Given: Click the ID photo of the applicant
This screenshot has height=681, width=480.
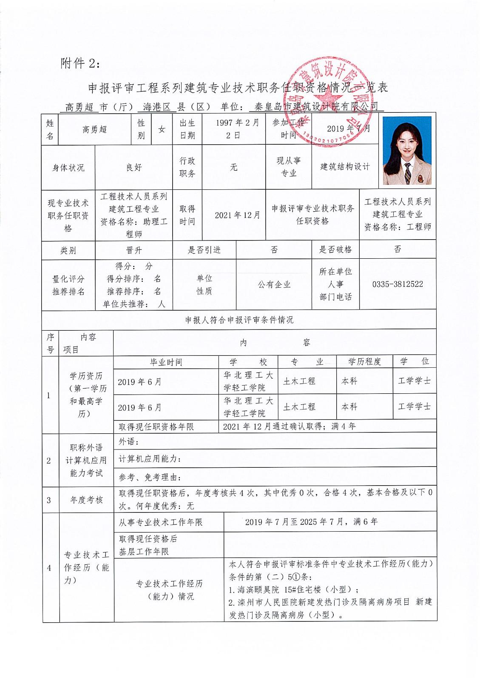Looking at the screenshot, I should pyautogui.click(x=407, y=151).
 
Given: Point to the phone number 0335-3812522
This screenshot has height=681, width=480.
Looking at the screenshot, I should pyautogui.click(x=398, y=284).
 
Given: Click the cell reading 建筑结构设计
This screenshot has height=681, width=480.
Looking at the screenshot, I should pyautogui.click(x=345, y=167).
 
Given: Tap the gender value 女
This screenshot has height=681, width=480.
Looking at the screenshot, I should pyautogui.click(x=162, y=129).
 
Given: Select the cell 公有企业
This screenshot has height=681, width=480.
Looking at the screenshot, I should pyautogui.click(x=274, y=284).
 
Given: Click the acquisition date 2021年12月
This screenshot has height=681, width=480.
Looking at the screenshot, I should pyautogui.click(x=237, y=215).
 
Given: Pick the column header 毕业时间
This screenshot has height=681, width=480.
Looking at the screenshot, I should pyautogui.click(x=166, y=362).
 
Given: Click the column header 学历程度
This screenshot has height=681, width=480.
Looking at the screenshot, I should pyautogui.click(x=364, y=362).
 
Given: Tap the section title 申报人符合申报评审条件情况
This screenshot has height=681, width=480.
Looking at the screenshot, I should pyautogui.click(x=239, y=320).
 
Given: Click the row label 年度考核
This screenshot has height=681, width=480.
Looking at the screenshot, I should pyautogui.click(x=86, y=500).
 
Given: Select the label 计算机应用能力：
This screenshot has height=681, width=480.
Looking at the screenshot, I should pyautogui.click(x=150, y=458).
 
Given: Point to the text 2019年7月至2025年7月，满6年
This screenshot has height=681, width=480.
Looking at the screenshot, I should pyautogui.click(x=311, y=521).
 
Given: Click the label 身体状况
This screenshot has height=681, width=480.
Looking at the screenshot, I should pyautogui.click(x=68, y=168).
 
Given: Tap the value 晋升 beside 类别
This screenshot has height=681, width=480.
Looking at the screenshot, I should pyautogui.click(x=134, y=250).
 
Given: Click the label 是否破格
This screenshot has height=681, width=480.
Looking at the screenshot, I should pyautogui.click(x=335, y=249).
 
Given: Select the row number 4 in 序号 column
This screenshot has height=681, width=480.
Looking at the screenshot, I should pyautogui.click(x=49, y=568).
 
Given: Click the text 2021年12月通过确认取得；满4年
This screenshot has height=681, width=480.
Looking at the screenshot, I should pyautogui.click(x=289, y=426).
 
